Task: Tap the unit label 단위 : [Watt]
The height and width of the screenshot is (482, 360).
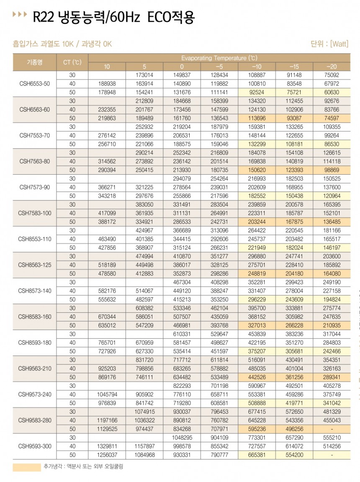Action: (329, 44)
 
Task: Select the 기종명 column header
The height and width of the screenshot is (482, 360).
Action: (35, 62)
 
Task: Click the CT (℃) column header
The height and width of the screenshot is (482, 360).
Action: (72, 62)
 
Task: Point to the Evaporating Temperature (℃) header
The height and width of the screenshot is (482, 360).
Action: (219, 58)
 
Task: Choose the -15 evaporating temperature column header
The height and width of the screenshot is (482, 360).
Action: (294, 67)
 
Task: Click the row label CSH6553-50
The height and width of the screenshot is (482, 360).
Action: (35, 83)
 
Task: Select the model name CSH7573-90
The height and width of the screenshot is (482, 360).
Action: (35, 187)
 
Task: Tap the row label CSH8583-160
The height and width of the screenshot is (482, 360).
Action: (35, 316)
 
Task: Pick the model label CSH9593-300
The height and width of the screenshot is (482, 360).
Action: (35, 446)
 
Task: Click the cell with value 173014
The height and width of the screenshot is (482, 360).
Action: (144, 75)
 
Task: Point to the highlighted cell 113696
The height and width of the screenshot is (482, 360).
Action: (257, 118)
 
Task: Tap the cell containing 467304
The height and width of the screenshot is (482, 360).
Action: (182, 282)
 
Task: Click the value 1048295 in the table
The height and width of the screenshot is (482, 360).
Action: (182, 437)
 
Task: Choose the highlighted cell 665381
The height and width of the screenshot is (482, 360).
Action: (257, 455)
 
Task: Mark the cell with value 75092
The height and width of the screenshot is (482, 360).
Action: (332, 75)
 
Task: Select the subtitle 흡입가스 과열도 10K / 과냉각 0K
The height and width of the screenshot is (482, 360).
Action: (63, 44)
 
